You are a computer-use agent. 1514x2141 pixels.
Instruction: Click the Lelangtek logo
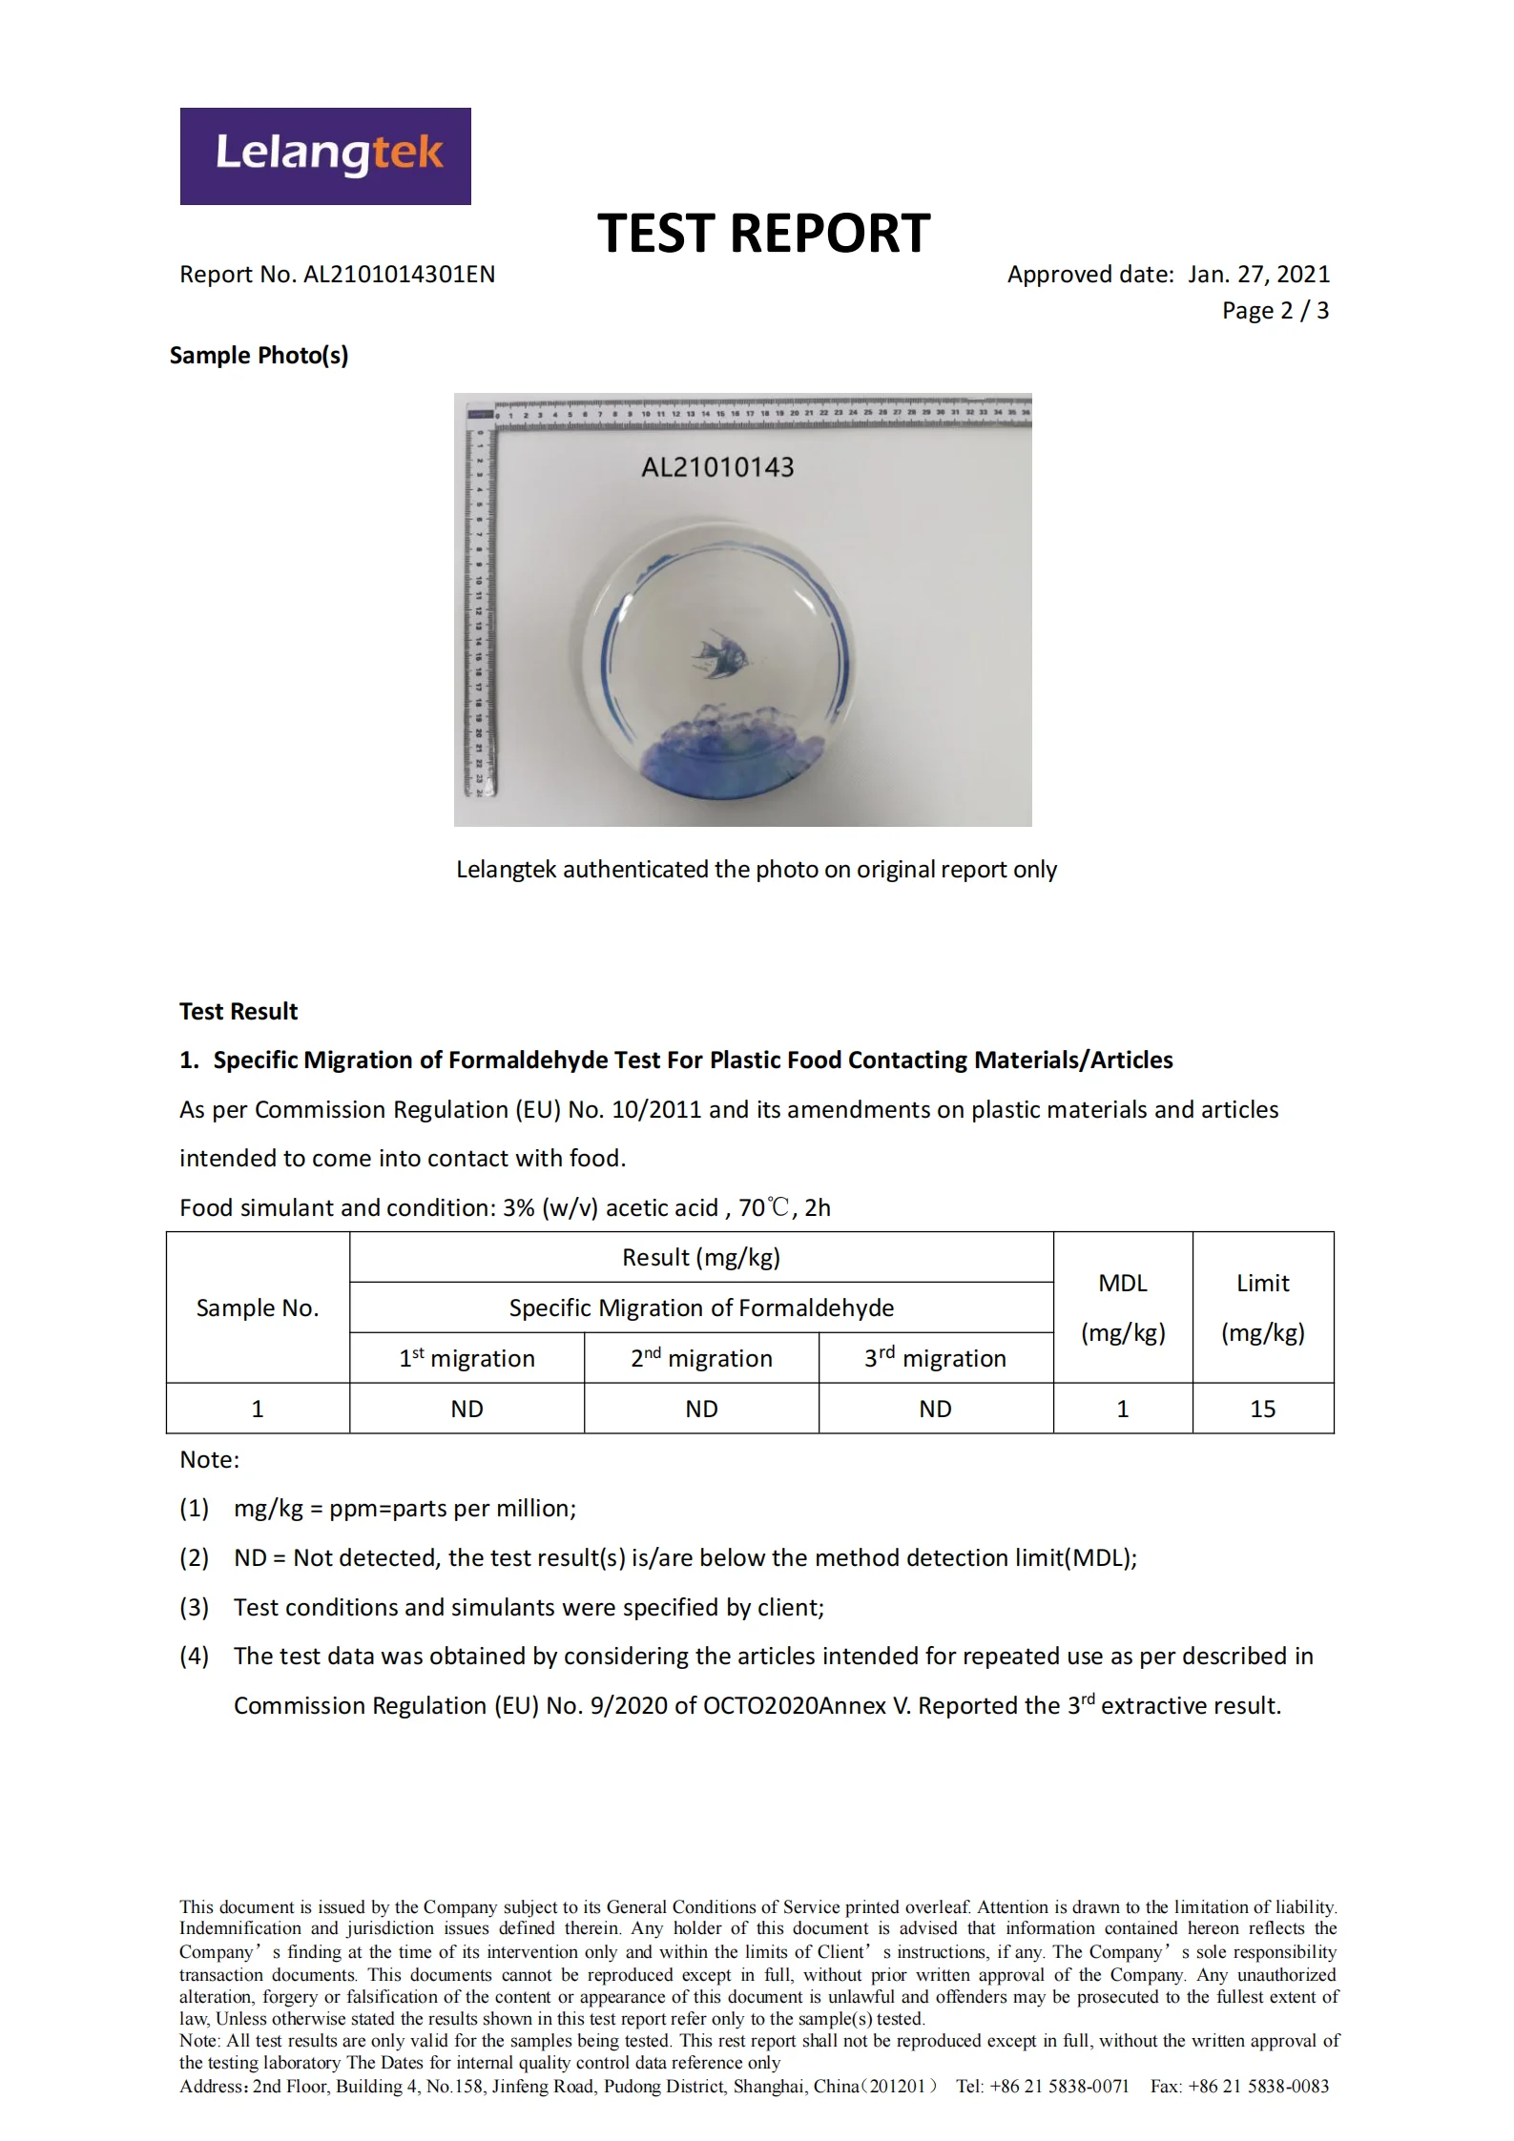point(325,156)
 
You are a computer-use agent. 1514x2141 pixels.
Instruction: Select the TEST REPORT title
point(763,234)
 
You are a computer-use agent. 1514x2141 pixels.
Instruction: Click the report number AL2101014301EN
point(399,275)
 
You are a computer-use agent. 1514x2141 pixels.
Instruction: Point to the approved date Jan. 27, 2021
point(1258,275)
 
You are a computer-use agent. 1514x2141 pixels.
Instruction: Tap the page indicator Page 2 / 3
point(1275,311)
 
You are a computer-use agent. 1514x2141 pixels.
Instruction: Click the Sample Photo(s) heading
point(259,356)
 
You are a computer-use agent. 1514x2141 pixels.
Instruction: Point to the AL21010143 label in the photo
point(717,467)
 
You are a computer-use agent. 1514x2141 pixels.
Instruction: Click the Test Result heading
point(239,1011)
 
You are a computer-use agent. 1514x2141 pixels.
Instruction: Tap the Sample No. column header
point(258,1307)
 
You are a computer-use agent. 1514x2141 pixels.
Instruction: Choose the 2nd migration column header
point(701,1358)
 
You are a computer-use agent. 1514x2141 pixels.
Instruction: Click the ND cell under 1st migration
point(467,1409)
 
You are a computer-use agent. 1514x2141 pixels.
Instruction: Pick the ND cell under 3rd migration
point(935,1409)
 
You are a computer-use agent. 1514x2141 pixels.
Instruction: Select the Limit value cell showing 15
point(1262,1409)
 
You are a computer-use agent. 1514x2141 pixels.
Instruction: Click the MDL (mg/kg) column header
point(1123,1307)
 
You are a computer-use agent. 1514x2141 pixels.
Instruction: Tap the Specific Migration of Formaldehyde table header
point(701,1307)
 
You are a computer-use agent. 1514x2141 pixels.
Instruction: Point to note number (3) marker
point(194,1607)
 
